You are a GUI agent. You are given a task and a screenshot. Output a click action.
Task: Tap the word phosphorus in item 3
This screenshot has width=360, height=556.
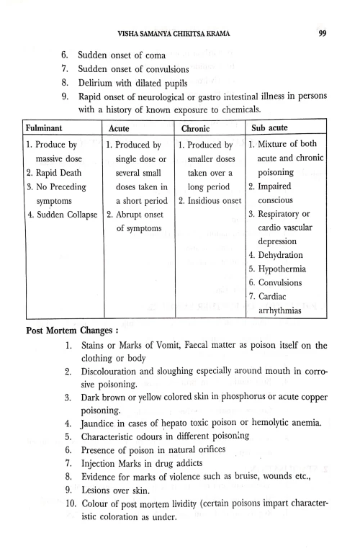point(240,395)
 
